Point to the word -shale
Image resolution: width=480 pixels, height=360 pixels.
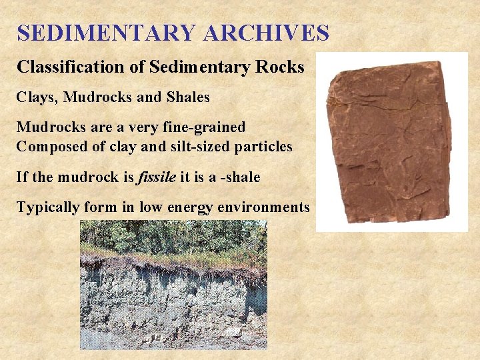pos(239,177)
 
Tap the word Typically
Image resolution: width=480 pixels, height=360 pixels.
pos(47,207)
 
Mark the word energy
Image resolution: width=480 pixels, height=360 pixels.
pos(188,207)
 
